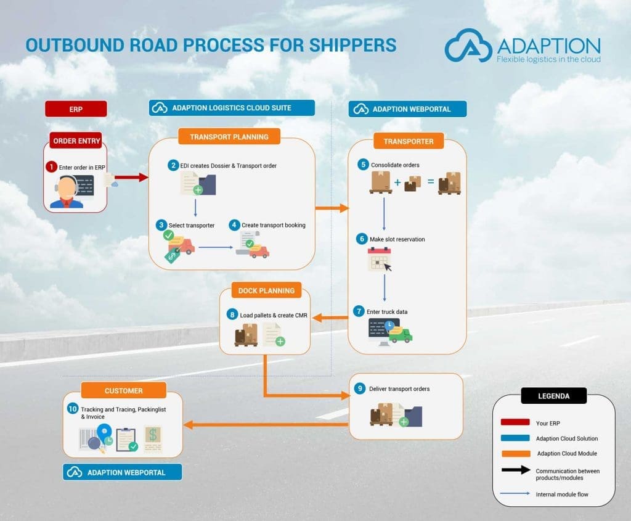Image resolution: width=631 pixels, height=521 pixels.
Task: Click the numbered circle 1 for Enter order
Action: pos(51,166)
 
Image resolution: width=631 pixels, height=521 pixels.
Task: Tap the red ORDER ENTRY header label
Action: pos(77,141)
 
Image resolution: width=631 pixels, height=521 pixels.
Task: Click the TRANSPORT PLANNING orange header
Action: pos(229,137)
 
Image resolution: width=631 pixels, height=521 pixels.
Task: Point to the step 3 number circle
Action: pos(161,225)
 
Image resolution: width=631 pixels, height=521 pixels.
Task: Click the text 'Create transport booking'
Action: pos(273,225)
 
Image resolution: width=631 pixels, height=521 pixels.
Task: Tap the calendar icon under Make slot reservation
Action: pos(380,259)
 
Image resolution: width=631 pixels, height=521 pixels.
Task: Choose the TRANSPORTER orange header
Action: pos(409,141)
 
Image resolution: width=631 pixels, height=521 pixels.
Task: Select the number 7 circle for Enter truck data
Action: pos(359,311)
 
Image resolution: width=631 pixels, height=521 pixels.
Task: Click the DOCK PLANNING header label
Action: pos(266,290)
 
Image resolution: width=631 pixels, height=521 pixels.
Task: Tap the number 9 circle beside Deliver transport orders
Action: pos(360,389)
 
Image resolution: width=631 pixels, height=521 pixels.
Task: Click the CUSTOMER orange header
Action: pos(124,390)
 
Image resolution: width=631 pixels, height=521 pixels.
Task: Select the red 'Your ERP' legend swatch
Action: pos(515,422)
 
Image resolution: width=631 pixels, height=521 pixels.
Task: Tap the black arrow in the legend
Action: pos(515,470)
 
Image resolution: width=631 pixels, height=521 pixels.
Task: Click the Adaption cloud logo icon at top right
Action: pos(469,46)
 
